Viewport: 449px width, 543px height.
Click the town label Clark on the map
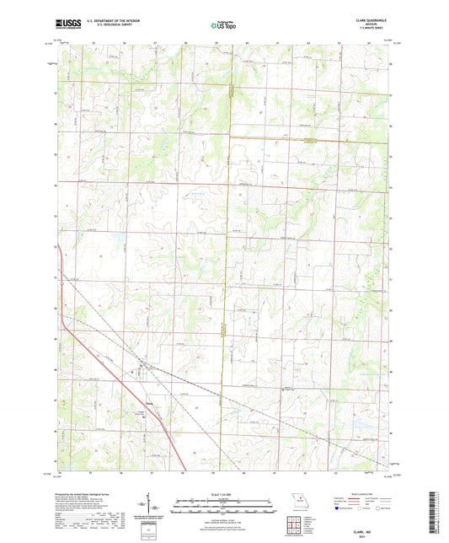[x=143, y=402]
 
